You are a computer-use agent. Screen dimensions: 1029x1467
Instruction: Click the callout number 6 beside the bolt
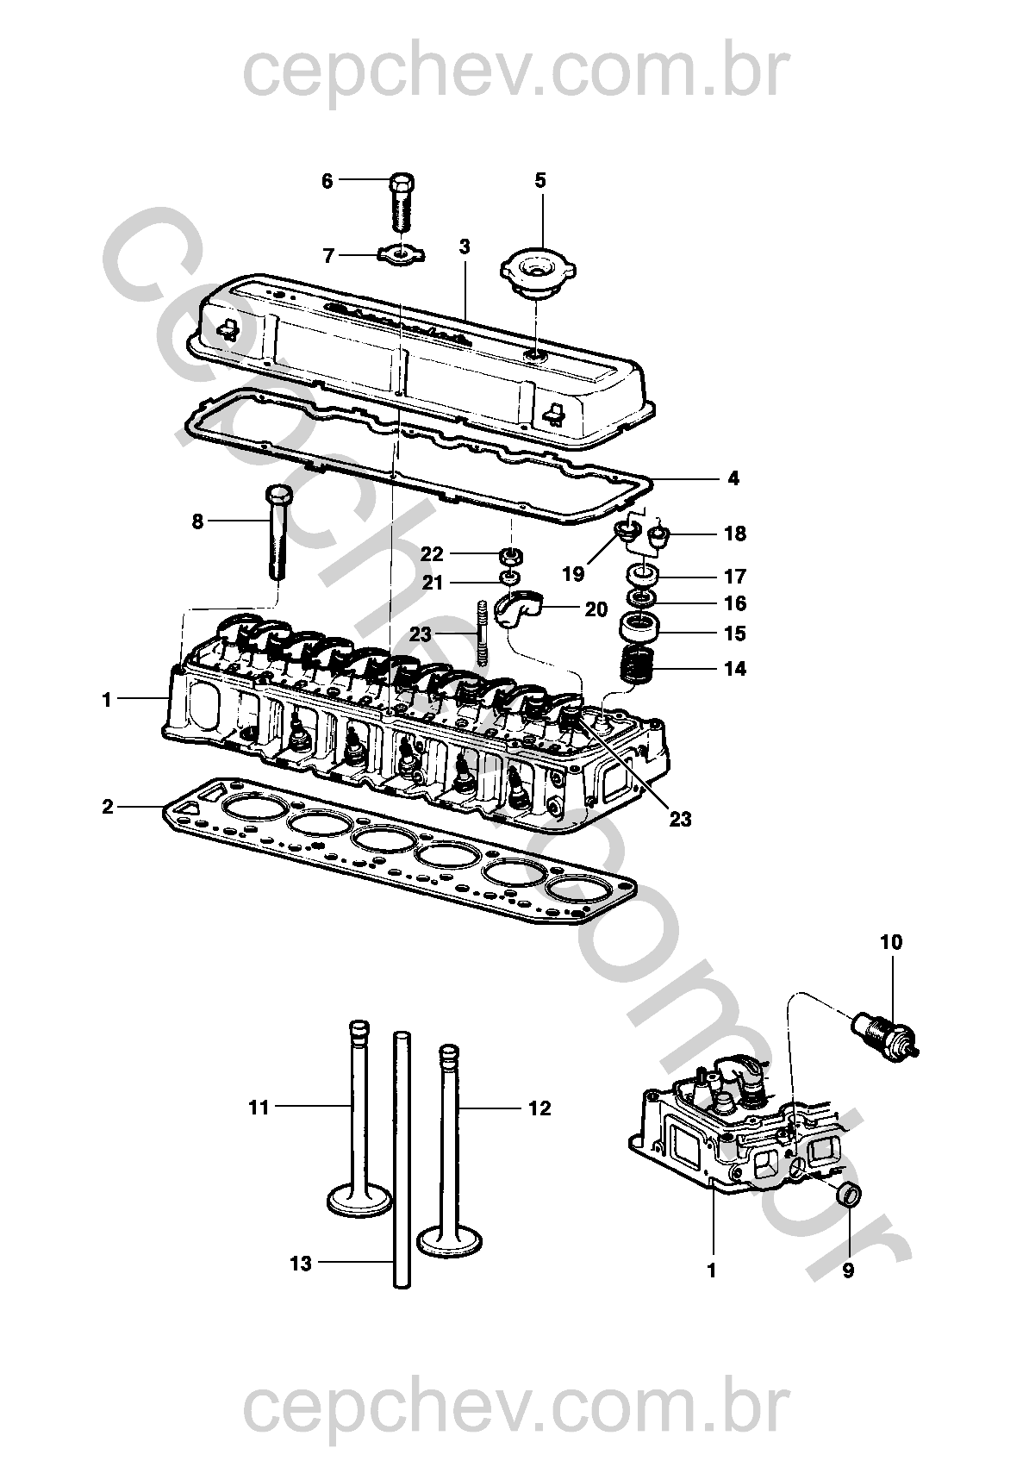(x=327, y=181)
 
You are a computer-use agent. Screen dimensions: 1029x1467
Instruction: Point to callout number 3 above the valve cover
(x=465, y=247)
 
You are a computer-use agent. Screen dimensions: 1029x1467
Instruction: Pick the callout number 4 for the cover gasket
(x=733, y=478)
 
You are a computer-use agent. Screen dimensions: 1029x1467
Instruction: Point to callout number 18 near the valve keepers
(x=735, y=534)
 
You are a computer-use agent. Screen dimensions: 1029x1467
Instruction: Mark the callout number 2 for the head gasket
(x=108, y=807)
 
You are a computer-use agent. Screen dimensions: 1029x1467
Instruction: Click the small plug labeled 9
(x=849, y=1195)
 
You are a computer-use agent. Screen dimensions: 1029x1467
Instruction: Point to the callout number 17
(x=735, y=577)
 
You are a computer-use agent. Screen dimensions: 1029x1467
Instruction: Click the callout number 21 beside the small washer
(x=433, y=582)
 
